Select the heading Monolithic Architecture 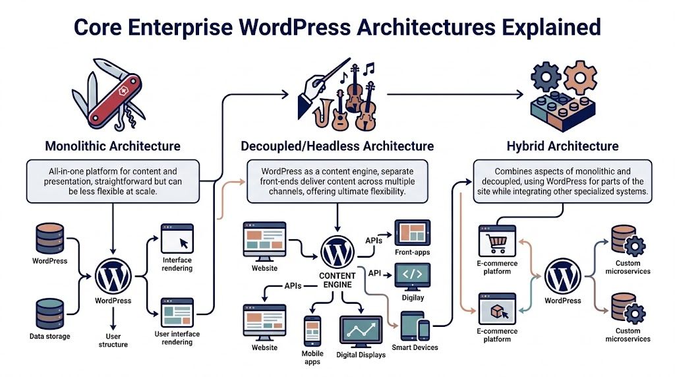tap(113, 146)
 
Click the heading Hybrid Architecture tap(562, 146)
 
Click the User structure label tap(113, 339)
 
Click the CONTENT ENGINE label tap(337, 280)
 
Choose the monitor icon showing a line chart tap(361, 329)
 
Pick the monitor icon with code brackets tap(413, 275)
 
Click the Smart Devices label tap(415, 347)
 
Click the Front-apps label tap(413, 252)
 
